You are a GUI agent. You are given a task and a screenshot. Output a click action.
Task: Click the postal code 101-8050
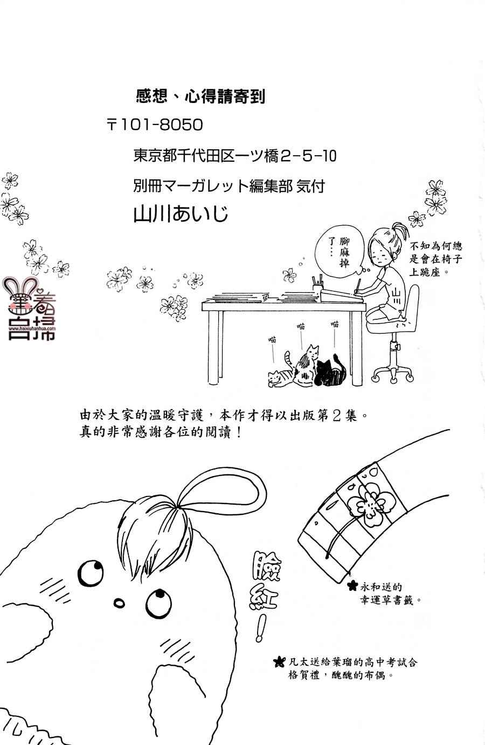(161, 125)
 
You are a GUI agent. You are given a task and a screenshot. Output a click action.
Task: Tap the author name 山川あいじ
(181, 214)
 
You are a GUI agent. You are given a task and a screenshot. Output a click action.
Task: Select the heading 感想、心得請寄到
(200, 97)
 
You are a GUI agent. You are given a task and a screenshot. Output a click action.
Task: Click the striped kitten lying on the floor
(281, 378)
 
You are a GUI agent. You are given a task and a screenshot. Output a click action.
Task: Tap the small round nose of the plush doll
(119, 603)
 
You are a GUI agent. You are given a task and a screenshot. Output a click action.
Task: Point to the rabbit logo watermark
(29, 309)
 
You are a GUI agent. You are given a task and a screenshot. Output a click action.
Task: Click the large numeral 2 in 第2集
(336, 416)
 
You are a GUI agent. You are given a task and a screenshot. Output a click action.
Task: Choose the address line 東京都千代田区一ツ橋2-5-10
(235, 156)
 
